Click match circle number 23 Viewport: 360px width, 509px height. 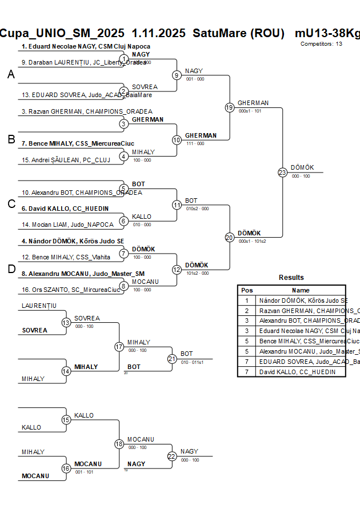tap(282, 172)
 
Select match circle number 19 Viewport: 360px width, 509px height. tap(230, 107)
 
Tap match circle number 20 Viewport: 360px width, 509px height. tap(230, 237)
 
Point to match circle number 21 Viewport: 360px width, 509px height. tap(172, 359)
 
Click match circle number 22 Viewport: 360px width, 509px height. tap(172, 456)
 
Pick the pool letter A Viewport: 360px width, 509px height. tap(11, 75)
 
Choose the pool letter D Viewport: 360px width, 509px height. tap(11, 270)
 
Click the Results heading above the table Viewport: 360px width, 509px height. tap(291, 278)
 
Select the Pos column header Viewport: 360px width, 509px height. tap(247, 290)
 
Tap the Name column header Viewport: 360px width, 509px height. tap(301, 290)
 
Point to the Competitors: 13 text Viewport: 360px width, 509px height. tap(322, 43)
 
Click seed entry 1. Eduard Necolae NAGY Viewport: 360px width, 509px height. tap(86, 46)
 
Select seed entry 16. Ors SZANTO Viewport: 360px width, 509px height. tap(71, 290)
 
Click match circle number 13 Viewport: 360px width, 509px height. tap(66, 323)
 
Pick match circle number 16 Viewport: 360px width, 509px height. tap(66, 468)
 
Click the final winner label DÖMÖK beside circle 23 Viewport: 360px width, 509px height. tap(302, 167)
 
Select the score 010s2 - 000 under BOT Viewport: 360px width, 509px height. tap(197, 209)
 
